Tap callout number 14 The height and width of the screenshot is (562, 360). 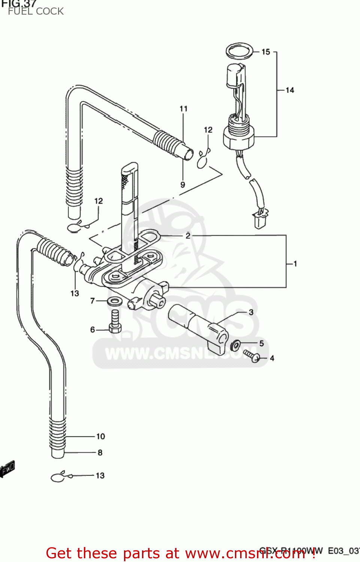pyautogui.click(x=290, y=90)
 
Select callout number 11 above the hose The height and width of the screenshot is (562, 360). pyautogui.click(x=183, y=109)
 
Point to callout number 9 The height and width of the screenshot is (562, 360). pyautogui.click(x=182, y=185)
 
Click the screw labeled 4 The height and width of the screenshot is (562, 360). pyautogui.click(x=252, y=356)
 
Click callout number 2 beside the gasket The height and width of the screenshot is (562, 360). pyautogui.click(x=188, y=236)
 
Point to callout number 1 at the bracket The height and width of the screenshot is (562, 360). pyautogui.click(x=295, y=264)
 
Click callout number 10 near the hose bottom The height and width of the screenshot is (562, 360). pyautogui.click(x=100, y=436)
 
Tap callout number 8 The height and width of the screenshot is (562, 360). pyautogui.click(x=100, y=453)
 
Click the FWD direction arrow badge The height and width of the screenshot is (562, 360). pyautogui.click(x=7, y=468)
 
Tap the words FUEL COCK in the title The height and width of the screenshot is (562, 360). pyautogui.click(x=36, y=11)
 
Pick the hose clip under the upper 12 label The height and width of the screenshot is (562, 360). pyautogui.click(x=203, y=160)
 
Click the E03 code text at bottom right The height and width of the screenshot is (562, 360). pyautogui.click(x=335, y=551)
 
